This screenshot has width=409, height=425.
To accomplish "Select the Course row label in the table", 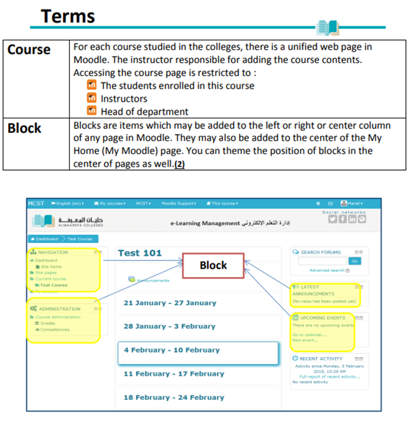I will click(29, 49).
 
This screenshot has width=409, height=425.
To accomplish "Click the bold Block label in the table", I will click(25, 128).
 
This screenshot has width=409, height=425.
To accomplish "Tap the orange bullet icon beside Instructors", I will click(92, 98).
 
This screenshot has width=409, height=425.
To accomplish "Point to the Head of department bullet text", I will click(144, 112).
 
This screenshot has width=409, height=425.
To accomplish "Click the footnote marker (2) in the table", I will click(180, 165).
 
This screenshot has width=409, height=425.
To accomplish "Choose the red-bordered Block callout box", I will click(213, 265).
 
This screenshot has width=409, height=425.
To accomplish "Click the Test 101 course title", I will click(139, 252).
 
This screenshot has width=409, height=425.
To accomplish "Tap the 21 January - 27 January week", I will click(170, 303).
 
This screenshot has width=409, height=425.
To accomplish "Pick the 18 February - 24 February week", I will click(174, 397).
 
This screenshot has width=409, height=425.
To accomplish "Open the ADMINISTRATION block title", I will click(59, 308).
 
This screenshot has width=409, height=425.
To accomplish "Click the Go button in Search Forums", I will click(355, 261).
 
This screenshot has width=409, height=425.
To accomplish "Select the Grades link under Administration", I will click(48, 323).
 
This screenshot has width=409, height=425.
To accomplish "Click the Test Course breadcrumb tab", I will click(79, 239).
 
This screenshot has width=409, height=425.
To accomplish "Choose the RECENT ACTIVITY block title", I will click(321, 359).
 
